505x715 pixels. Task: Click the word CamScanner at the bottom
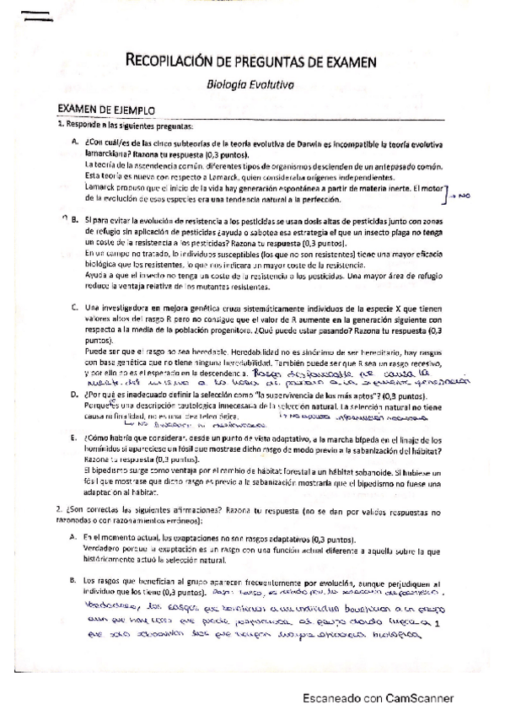click(x=418, y=698)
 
